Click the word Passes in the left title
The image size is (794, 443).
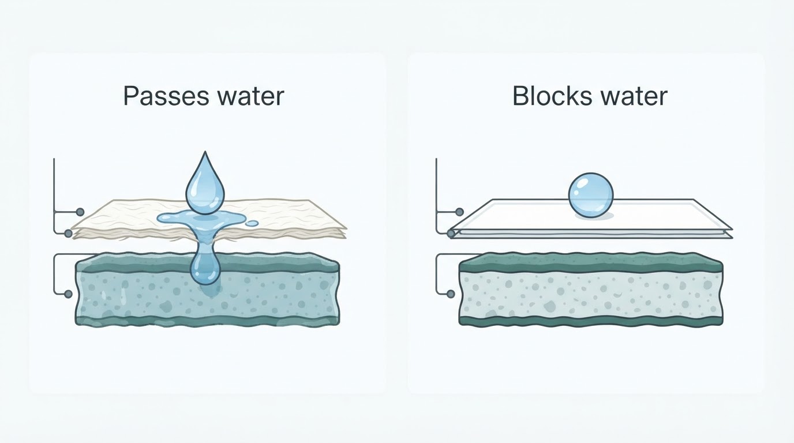click(x=166, y=96)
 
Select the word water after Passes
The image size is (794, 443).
click(x=250, y=96)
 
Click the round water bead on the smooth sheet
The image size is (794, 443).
click(x=590, y=195)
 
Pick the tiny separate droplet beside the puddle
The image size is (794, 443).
click(x=252, y=224)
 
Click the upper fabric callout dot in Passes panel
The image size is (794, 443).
click(x=80, y=212)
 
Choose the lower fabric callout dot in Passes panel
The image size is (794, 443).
click(x=69, y=233)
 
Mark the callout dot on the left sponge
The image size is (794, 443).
click(x=69, y=294)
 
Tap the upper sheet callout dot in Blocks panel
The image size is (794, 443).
click(x=460, y=212)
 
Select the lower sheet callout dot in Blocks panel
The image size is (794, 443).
click(x=451, y=233)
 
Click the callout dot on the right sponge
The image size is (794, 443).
click(x=451, y=294)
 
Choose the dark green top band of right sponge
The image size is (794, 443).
click(x=590, y=263)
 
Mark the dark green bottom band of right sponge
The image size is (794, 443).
click(x=590, y=321)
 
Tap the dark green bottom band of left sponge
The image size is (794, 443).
click(x=207, y=320)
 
